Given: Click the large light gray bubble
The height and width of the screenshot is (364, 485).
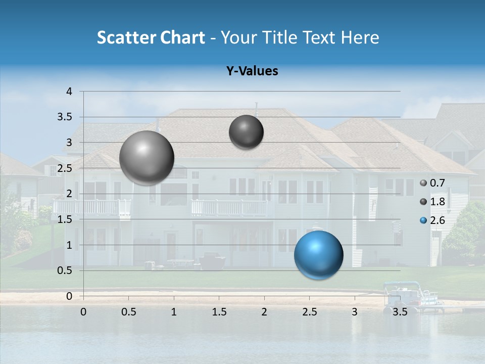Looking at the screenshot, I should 147,158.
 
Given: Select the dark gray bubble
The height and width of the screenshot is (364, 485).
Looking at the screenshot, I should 246,132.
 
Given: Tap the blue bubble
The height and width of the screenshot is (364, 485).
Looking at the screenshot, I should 318,255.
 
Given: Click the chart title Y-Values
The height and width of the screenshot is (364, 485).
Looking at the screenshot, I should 252,71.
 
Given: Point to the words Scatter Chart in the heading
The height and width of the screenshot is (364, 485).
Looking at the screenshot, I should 151,37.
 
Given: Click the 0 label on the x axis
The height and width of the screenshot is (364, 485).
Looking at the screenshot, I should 83,311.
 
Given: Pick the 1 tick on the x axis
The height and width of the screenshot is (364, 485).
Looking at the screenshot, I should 174,311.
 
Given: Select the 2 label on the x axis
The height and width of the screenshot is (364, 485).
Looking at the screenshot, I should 264,311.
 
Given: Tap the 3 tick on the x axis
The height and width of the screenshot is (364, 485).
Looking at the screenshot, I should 355,311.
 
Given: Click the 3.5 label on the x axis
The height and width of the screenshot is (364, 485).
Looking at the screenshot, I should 400,311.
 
